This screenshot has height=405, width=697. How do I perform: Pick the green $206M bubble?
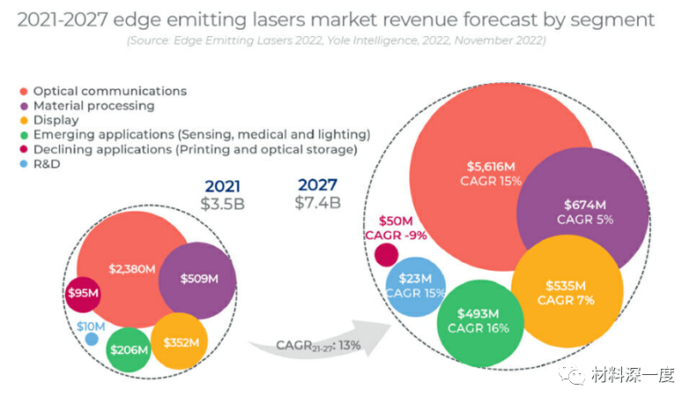point(129,349)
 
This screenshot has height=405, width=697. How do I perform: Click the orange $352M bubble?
point(180,342)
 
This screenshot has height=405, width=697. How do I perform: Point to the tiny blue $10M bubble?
point(92,339)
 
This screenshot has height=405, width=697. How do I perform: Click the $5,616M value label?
point(491,165)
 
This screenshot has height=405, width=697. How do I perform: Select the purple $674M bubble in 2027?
point(577,212)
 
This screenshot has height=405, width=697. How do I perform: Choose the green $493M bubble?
point(478,321)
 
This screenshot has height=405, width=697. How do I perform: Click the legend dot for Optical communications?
point(22,91)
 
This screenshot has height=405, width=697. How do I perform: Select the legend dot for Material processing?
point(22,106)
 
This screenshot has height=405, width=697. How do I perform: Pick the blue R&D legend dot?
point(22,163)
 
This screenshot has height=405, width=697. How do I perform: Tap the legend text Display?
point(56,120)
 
